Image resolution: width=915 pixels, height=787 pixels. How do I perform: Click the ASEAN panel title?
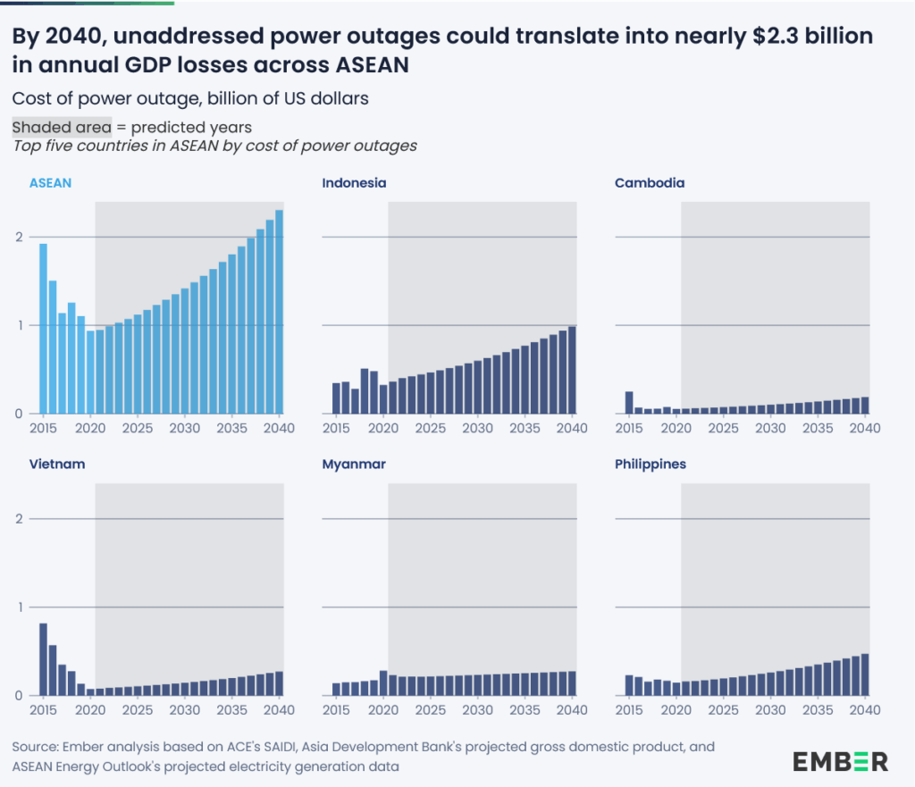click(50, 183)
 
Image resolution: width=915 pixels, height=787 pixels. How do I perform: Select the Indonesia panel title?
click(354, 183)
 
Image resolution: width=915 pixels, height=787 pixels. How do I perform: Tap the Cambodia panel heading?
click(650, 183)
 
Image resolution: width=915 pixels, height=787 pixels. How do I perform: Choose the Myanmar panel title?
click(351, 465)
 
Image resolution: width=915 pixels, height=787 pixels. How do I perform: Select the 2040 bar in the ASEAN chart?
click(279, 313)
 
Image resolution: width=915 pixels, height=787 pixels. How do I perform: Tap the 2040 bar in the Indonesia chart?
click(572, 370)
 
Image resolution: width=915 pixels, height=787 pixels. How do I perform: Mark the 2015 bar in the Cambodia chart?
click(629, 403)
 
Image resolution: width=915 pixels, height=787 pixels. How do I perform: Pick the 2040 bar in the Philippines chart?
click(865, 674)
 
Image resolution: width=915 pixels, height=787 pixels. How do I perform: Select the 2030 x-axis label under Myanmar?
click(478, 710)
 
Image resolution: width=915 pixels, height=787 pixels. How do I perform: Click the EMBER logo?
click(840, 761)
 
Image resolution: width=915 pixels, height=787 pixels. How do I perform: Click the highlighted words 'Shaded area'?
click(62, 127)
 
